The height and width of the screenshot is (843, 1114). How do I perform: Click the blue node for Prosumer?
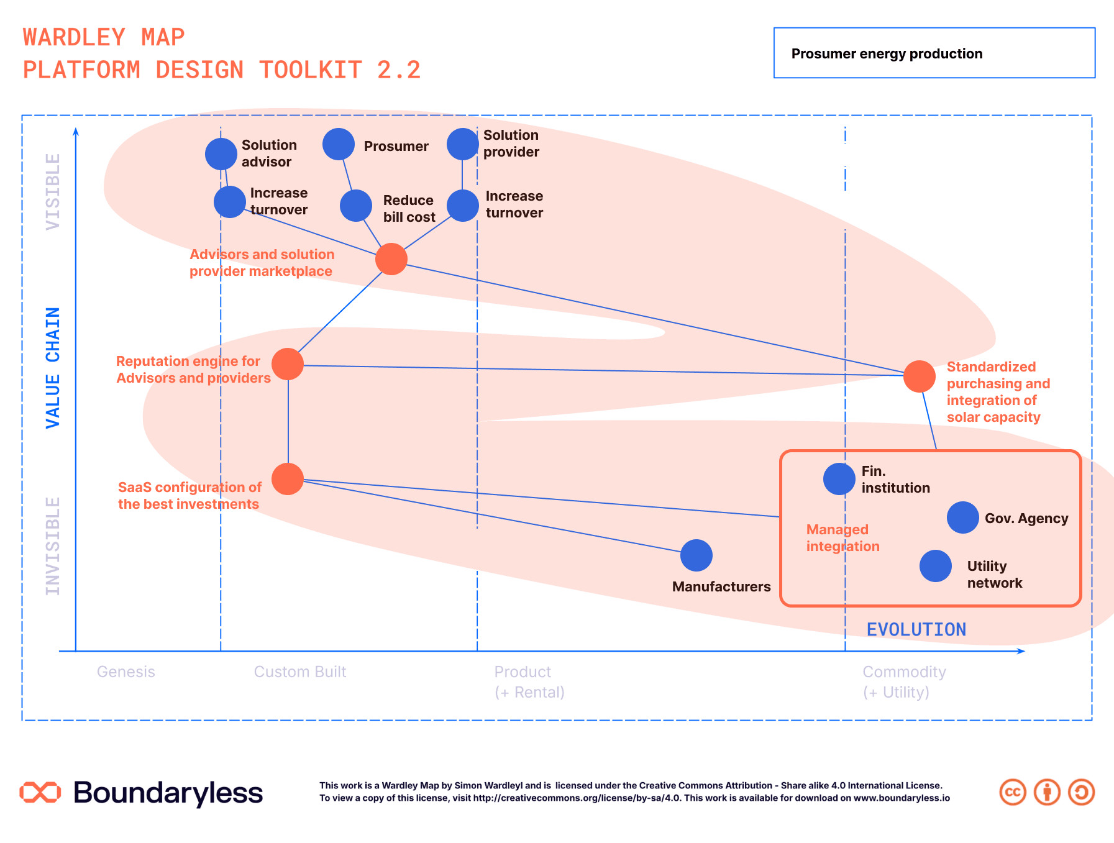pyautogui.click(x=339, y=144)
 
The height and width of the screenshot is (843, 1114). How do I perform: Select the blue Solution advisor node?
pyautogui.click(x=221, y=153)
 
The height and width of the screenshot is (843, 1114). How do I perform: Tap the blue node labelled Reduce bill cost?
pyautogui.click(x=356, y=206)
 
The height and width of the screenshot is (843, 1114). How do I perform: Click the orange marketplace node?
pyautogui.click(x=391, y=259)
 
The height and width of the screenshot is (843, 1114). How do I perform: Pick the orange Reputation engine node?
pyautogui.click(x=288, y=364)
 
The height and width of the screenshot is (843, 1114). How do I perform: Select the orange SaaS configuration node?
pyautogui.click(x=288, y=479)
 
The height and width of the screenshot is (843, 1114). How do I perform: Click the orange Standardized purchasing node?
pyautogui.click(x=920, y=376)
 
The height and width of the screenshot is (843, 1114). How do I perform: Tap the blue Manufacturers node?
pyautogui.click(x=696, y=555)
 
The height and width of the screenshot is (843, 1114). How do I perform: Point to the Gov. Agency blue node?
pyautogui.click(x=963, y=517)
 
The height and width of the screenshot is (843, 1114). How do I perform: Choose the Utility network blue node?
pyautogui.click(x=936, y=566)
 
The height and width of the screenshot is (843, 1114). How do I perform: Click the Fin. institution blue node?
pyautogui.click(x=839, y=479)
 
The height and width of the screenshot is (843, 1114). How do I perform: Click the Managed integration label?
pyautogui.click(x=843, y=538)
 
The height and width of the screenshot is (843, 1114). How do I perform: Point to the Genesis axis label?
pyautogui.click(x=126, y=672)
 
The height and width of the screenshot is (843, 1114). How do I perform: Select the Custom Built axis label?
pyautogui.click(x=300, y=672)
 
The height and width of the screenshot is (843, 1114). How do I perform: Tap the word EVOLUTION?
pyautogui.click(x=916, y=630)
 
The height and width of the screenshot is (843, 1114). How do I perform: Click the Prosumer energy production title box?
pyautogui.click(x=934, y=53)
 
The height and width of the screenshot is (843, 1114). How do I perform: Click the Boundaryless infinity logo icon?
pyautogui.click(x=40, y=792)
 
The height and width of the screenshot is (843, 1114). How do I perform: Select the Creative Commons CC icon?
pyautogui.click(x=1013, y=792)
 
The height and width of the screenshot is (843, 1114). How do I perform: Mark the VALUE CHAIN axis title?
pyautogui.click(x=53, y=368)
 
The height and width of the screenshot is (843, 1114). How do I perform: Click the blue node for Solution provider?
pyautogui.click(x=463, y=144)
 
